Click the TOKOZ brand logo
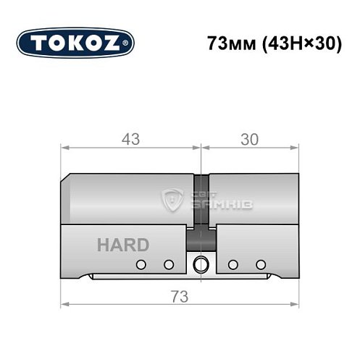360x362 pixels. pos(75,43)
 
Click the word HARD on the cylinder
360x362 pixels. pos(122,245)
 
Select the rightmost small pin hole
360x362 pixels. pos(259,264)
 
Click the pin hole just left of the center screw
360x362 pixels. pos(168,264)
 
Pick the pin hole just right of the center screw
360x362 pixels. pos(233,264)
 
